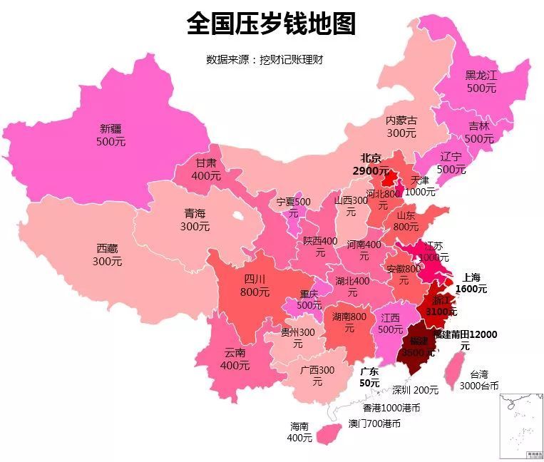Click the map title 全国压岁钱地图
pyautogui.click(x=271, y=24)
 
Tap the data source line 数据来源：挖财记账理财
pyautogui.click(x=265, y=59)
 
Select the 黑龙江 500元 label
pyautogui.click(x=481, y=81)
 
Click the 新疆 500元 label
pyautogui.click(x=111, y=135)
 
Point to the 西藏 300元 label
pyautogui.click(x=107, y=255)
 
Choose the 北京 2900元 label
pyautogui.click(x=371, y=165)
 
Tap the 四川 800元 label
pyautogui.click(x=255, y=285)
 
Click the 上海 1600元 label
pyautogui.click(x=471, y=283)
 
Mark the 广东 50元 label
pyautogui.click(x=369, y=377)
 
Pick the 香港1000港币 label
pyautogui.click(x=391, y=409)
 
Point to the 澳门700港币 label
pyautogui.click(x=374, y=423)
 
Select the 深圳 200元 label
pyautogui.click(x=416, y=390)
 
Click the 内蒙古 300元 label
pyautogui.click(x=401, y=127)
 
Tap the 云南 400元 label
pyautogui.click(x=235, y=359)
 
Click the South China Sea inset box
pyautogui.click(x=520, y=425)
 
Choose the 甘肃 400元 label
pyautogui.click(x=206, y=169)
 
